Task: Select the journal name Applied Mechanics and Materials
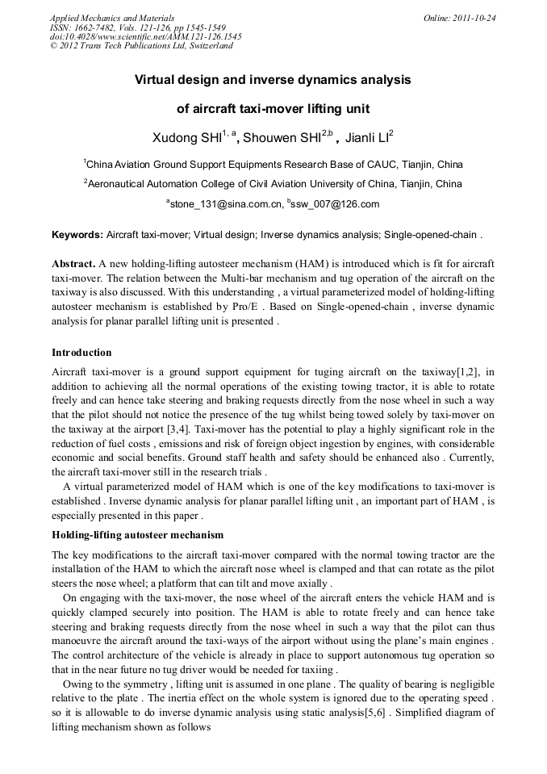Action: click(112, 18)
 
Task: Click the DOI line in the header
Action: click(145, 36)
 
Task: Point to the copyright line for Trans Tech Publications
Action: click(141, 46)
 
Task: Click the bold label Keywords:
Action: click(77, 236)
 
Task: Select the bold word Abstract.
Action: click(73, 265)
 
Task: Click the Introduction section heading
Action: click(81, 353)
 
